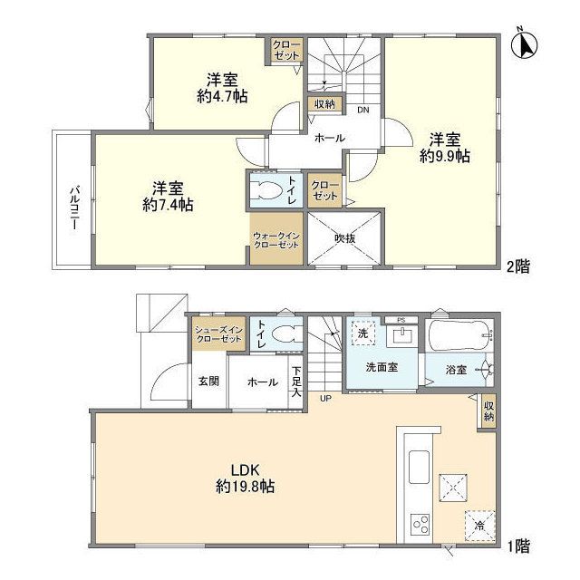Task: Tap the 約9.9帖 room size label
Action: pos(444,156)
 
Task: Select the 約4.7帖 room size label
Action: pos(221,94)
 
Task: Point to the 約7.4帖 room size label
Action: pos(169,205)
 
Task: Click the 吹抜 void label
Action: pos(343,238)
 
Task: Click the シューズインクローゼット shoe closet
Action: pos(217,333)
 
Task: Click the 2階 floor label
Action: pos(518,266)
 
